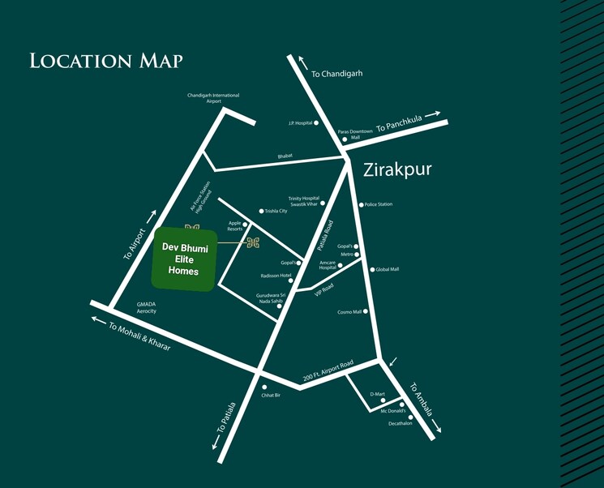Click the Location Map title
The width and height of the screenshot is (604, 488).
pos(105,61)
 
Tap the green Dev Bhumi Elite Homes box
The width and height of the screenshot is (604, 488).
pos(184,259)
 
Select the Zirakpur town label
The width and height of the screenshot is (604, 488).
pos(393,170)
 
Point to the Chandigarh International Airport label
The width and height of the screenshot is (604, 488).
pos(214,98)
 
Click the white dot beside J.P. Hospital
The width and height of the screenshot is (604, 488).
pos(317,123)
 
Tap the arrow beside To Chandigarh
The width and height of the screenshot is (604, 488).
pos(302,62)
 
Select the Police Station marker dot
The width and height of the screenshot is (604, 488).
pos(361,204)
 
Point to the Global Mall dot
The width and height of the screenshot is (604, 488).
pos(372,269)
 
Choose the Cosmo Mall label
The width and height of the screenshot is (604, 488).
pos(349,311)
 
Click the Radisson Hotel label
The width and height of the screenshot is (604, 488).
pos(275,276)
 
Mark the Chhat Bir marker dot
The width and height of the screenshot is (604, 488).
pos(263,387)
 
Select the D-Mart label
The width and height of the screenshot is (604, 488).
pos(376,394)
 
